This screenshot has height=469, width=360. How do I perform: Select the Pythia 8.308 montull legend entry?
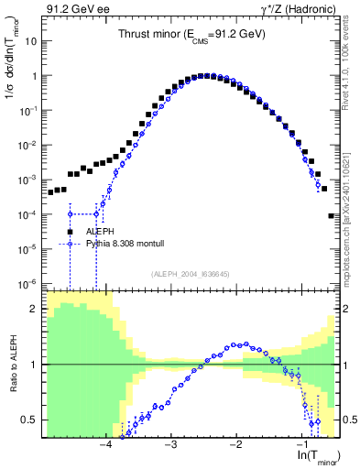coord(118,245)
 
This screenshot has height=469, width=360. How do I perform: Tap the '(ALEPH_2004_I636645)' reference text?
coord(191,274)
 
